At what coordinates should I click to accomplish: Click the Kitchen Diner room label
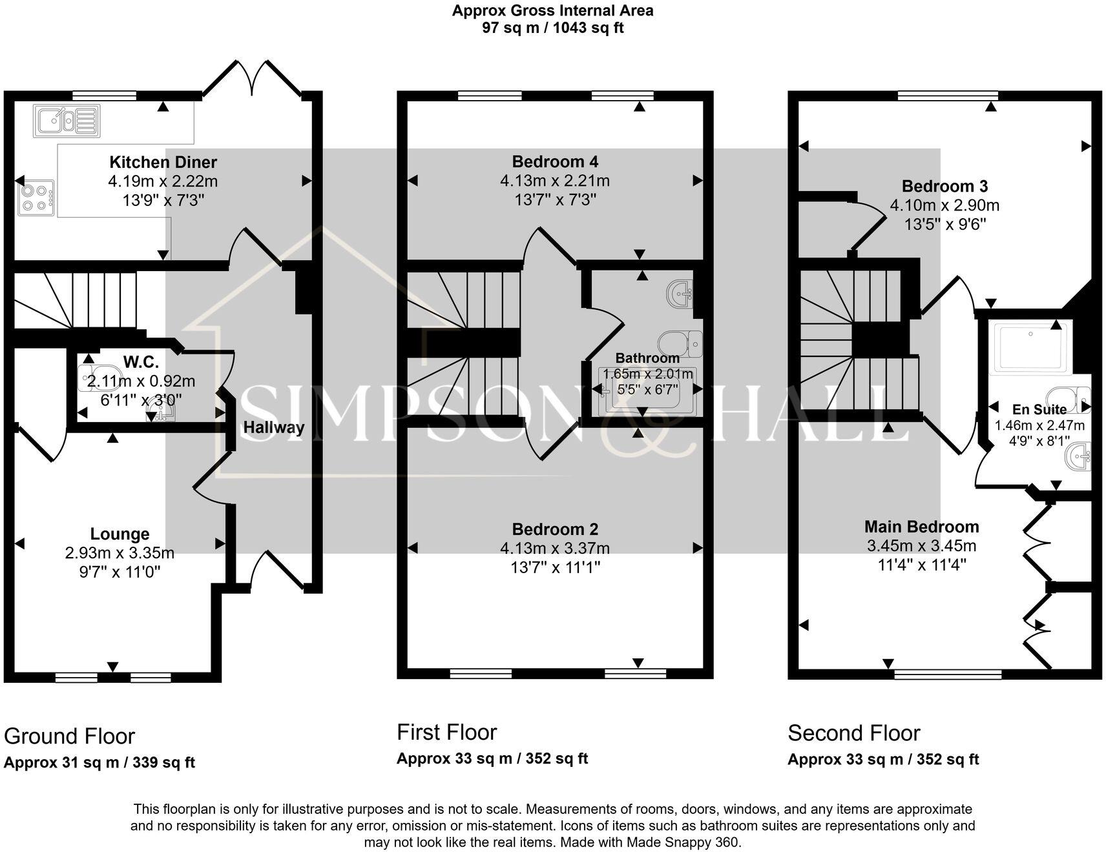pyautogui.click(x=163, y=162)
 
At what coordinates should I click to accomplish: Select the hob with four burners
pyautogui.click(x=36, y=198)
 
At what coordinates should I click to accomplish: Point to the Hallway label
pyautogui.click(x=273, y=427)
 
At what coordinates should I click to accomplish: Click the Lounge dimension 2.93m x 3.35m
pyautogui.click(x=120, y=553)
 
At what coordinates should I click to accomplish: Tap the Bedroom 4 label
pyautogui.click(x=555, y=161)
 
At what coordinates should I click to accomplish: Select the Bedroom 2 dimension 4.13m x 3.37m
pyautogui.click(x=555, y=548)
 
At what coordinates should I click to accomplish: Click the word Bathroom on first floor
pyautogui.click(x=647, y=358)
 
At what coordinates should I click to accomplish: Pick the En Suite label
pyautogui.click(x=1039, y=409)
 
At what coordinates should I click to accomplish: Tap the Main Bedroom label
pyautogui.click(x=921, y=527)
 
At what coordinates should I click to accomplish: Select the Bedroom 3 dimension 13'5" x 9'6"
pyautogui.click(x=944, y=225)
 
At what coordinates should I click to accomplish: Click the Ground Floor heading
pyautogui.click(x=69, y=736)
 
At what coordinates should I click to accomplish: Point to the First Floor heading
pyautogui.click(x=446, y=732)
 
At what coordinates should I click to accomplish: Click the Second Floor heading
pyautogui.click(x=853, y=733)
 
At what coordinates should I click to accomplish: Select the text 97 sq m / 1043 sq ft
pyautogui.click(x=552, y=28)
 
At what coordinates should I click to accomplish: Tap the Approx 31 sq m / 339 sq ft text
pyautogui.click(x=99, y=762)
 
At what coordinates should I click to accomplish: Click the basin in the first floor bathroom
pyautogui.click(x=681, y=293)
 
